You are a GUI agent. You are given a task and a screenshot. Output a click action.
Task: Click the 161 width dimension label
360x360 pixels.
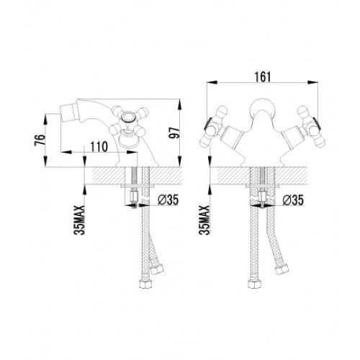[263, 76]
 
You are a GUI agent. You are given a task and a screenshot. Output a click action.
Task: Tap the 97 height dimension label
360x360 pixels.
[174, 132]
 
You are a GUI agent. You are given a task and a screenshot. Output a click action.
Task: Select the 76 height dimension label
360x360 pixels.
[40, 140]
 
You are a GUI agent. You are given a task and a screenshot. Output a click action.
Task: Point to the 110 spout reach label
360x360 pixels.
[99, 147]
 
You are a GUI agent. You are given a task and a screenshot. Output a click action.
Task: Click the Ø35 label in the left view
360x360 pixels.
[168, 199]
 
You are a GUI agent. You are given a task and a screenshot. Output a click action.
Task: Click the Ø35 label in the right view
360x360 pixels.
[293, 199]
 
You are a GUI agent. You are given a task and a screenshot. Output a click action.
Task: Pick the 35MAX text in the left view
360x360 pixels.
[79, 220]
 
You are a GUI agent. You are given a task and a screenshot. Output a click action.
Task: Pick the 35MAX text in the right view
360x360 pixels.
[204, 220]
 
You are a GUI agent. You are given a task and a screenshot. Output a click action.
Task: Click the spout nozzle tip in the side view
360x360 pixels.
[63, 112]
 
